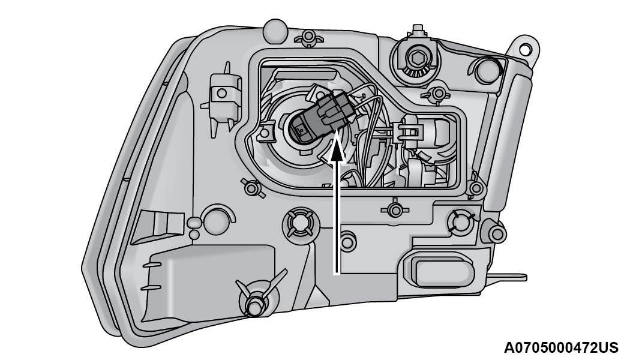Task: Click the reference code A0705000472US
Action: (x=561, y=347)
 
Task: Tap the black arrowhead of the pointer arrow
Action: (x=337, y=149)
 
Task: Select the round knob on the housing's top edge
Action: (x=275, y=30)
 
